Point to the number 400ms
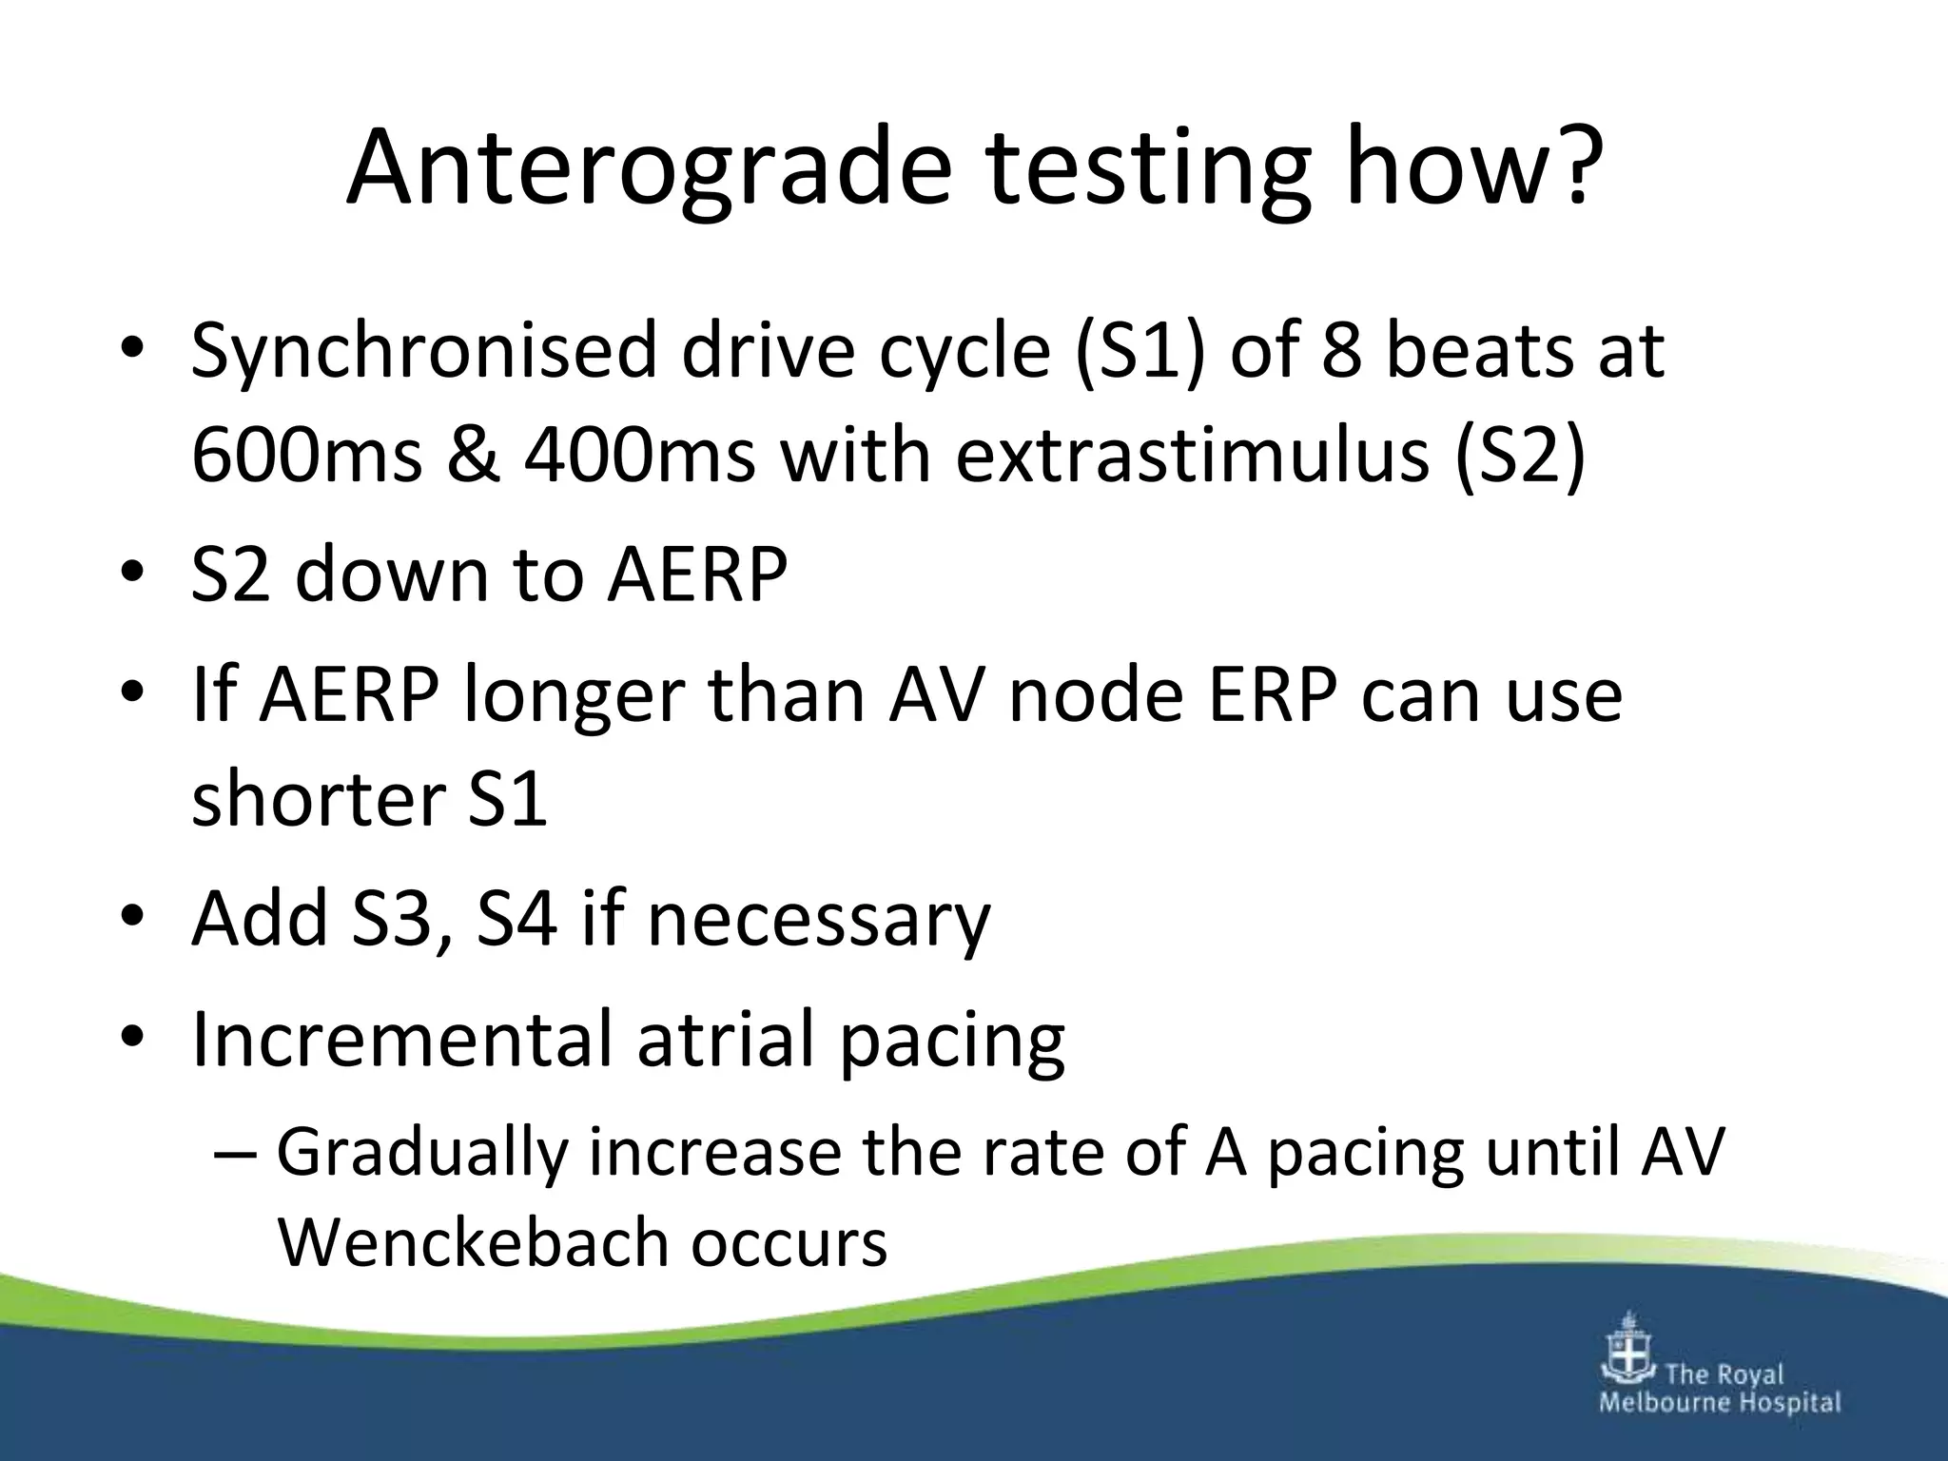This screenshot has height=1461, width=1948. [639, 455]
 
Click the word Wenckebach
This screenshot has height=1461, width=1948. [472, 1242]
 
